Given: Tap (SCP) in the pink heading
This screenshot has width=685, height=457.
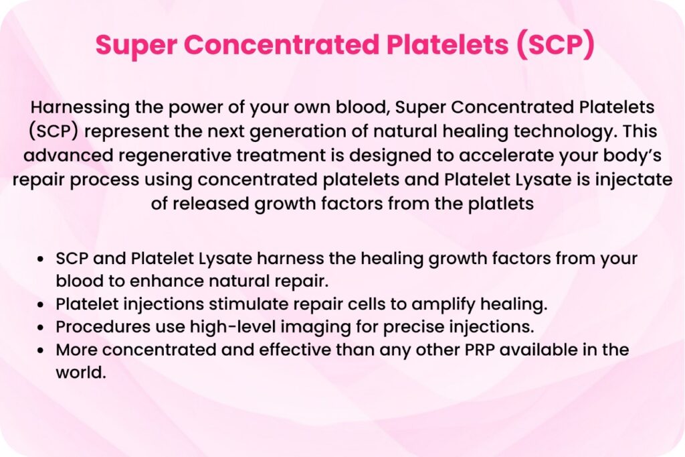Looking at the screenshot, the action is pos(555,44).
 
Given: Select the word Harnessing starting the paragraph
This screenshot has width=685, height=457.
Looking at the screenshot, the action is pos(80,108).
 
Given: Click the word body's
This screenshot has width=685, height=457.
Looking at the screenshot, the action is pos(632,156).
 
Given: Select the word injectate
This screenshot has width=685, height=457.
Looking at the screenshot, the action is pos(633,180).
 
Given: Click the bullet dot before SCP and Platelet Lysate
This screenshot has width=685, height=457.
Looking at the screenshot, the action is pos(41,259).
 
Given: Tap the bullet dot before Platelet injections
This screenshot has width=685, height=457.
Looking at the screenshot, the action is pos(41,305).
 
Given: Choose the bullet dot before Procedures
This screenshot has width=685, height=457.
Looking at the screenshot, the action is pos(41,328).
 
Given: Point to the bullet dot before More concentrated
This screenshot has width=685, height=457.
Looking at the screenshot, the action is pos(41,350).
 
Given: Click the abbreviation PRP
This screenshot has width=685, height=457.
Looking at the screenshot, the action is pos(480,350).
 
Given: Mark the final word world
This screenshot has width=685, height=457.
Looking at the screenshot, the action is pos(81,373).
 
